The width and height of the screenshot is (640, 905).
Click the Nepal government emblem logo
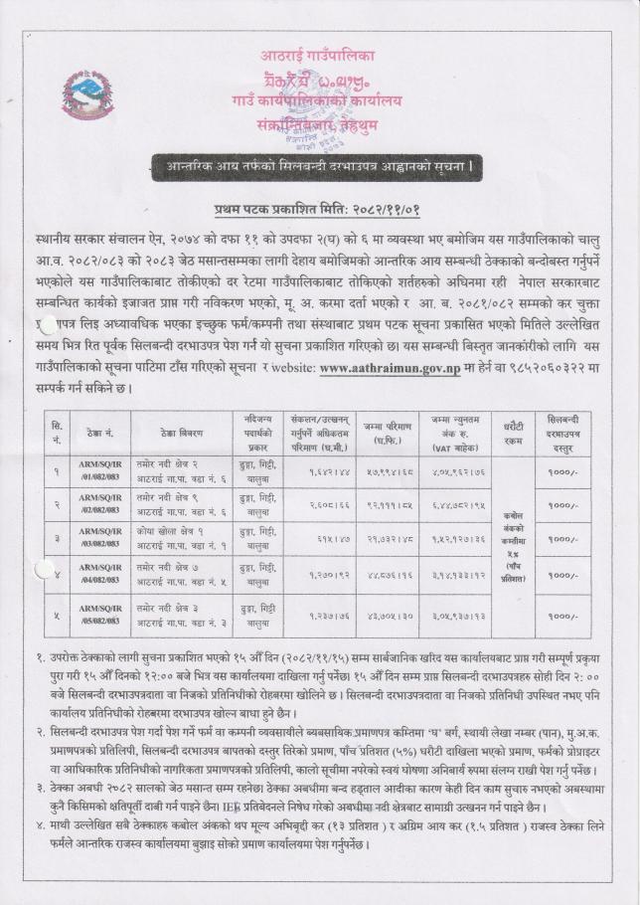(87, 96)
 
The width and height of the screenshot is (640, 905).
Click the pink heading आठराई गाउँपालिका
(319, 54)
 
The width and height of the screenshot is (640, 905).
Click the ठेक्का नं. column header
(102, 433)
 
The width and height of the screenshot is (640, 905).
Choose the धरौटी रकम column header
(515, 433)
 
